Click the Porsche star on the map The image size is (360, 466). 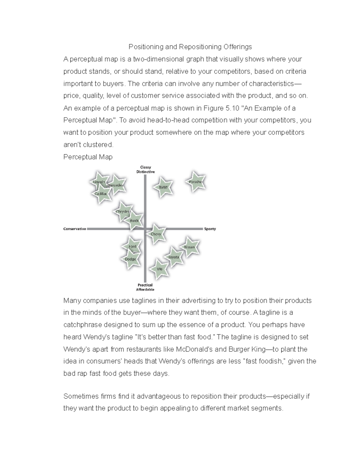196,182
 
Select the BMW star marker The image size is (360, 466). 163,187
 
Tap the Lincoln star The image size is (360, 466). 99,182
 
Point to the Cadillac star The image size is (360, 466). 101,194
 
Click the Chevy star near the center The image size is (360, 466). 156,234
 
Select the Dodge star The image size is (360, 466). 130,259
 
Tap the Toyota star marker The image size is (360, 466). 174,257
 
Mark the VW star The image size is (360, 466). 160,269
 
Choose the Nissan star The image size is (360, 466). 189,247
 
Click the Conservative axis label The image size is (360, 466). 75,229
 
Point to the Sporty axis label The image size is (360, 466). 210,229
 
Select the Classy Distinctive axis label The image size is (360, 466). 145,170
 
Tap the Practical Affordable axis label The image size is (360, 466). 145,287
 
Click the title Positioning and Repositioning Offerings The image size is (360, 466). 190,47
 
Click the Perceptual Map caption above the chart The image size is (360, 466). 88,157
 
